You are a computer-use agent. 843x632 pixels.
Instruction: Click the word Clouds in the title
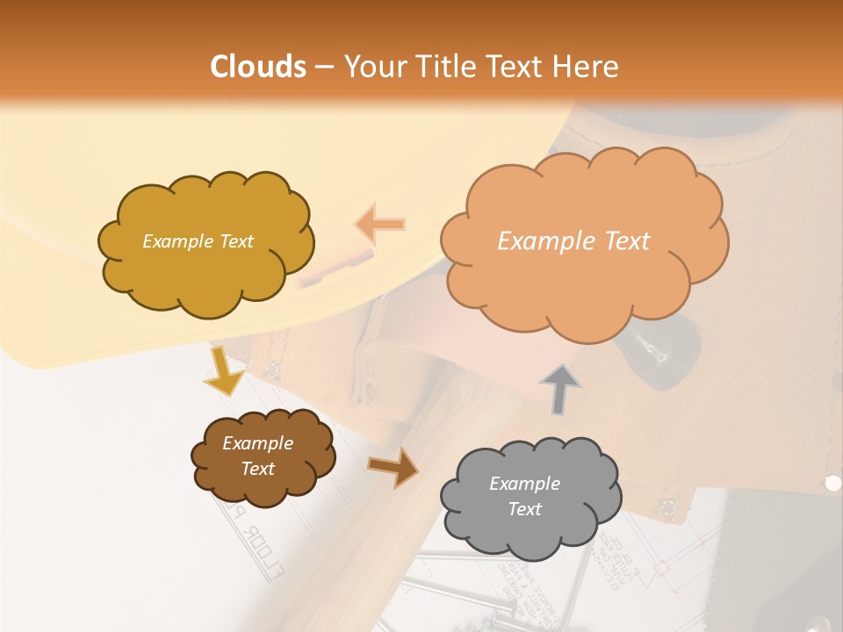click(x=257, y=67)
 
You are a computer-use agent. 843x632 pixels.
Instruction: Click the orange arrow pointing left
click(x=380, y=225)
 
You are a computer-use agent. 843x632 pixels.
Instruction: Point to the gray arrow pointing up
click(x=559, y=388)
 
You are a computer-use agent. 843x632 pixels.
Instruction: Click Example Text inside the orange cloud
click(x=573, y=241)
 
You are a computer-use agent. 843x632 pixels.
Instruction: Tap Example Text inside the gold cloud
click(x=198, y=241)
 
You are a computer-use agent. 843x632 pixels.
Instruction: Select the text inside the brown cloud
click(x=258, y=456)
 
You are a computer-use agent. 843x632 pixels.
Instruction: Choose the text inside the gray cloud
click(x=524, y=496)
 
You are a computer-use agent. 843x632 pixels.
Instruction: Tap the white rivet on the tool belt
click(x=832, y=483)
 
